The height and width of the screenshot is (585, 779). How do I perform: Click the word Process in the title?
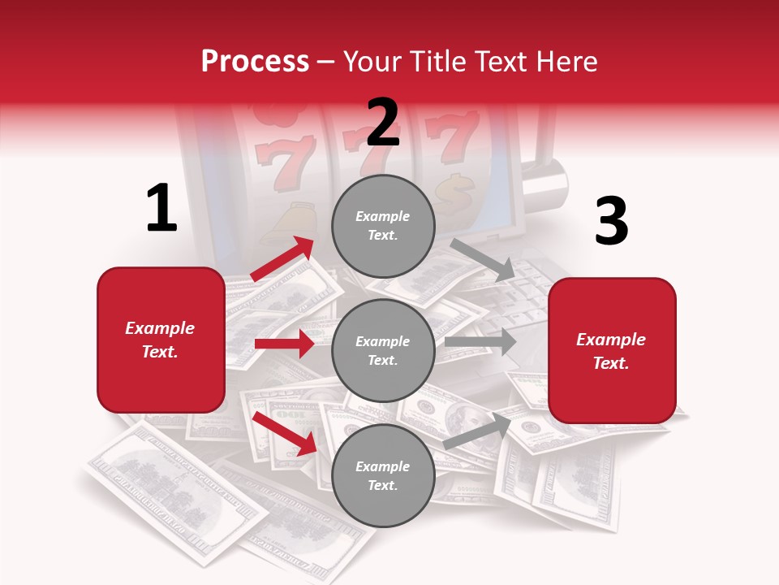[x=255, y=62]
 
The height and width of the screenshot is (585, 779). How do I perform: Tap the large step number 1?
[x=161, y=209]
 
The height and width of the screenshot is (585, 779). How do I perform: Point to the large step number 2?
[x=383, y=122]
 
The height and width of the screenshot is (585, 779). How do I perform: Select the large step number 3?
[x=611, y=222]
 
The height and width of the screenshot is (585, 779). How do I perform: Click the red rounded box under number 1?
[x=161, y=340]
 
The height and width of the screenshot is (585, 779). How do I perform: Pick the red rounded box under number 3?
[x=612, y=350]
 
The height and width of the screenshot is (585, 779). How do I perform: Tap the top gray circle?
[x=383, y=226]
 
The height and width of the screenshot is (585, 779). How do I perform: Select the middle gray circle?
[x=383, y=350]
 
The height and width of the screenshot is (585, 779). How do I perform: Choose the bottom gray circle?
[x=383, y=475]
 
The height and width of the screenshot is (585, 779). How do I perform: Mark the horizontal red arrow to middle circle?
[x=284, y=344]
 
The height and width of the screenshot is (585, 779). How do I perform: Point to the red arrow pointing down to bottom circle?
[x=285, y=433]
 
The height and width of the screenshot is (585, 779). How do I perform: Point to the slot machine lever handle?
[x=543, y=182]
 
